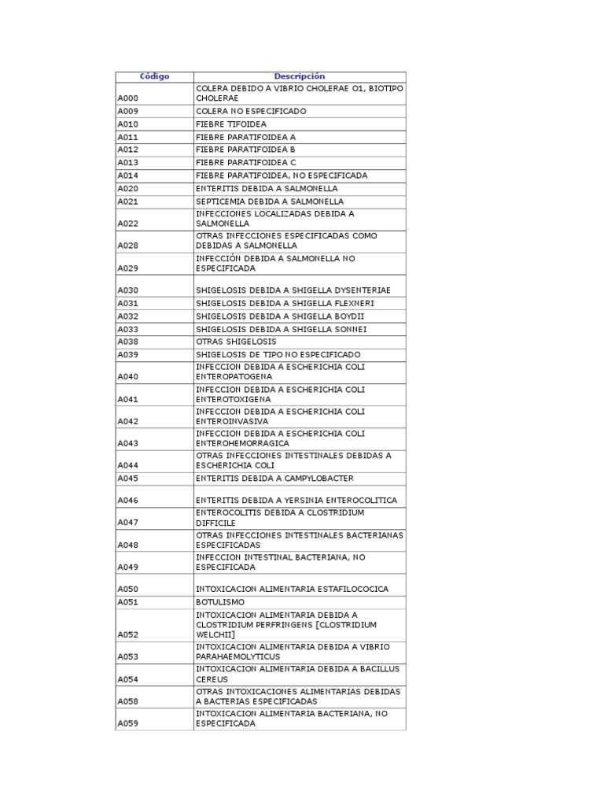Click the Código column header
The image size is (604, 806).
pos(154,76)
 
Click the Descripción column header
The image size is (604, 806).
pos(299,76)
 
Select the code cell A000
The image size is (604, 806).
pos(127,98)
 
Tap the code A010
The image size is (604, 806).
pos(127,124)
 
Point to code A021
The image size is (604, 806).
pos(127,201)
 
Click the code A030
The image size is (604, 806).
pos(127,290)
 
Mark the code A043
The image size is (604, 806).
pos(127,443)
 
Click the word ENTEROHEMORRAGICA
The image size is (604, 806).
pos(242,443)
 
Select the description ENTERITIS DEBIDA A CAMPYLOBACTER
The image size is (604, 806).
pos(274,479)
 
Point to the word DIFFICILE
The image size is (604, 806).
pos(216,522)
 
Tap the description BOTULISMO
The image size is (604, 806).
pos(220,602)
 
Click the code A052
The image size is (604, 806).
pos(127,634)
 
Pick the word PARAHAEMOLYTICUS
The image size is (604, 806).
pos(238,656)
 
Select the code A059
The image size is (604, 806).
pos(127,723)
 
